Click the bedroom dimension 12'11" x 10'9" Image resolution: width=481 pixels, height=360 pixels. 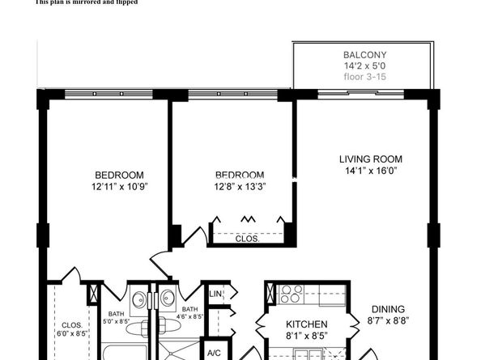[119, 187]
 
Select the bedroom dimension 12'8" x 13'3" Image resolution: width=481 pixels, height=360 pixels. [239, 187]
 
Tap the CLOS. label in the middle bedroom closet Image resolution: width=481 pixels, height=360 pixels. [247, 239]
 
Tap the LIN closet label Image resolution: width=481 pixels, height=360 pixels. [216, 294]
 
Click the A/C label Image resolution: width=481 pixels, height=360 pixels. [214, 354]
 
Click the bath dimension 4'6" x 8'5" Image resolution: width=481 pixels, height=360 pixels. [189, 321]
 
